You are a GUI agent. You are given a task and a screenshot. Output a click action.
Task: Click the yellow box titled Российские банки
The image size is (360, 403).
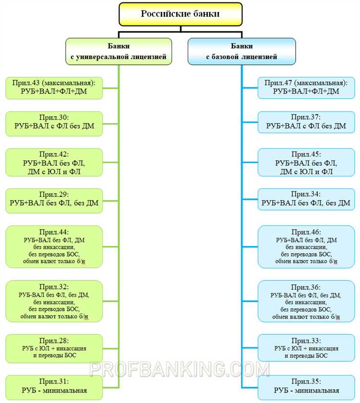click(x=180, y=14)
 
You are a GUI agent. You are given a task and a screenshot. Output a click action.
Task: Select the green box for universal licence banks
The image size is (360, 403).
click(x=119, y=52)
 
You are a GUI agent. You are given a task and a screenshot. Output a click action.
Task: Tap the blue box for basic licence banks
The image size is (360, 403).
click(x=241, y=52)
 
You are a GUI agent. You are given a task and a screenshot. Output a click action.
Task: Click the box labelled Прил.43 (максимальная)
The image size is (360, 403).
click(x=54, y=87)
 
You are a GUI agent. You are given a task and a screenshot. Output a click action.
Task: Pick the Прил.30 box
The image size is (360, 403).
click(x=54, y=122)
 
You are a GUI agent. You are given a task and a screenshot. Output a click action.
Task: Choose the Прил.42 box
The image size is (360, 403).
click(x=54, y=163)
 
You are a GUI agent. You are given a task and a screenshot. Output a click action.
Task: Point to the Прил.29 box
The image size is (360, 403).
click(x=54, y=199)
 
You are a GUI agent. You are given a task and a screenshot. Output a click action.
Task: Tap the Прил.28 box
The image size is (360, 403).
click(x=54, y=348)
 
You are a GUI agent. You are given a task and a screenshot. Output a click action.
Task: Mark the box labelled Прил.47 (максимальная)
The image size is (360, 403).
click(x=306, y=87)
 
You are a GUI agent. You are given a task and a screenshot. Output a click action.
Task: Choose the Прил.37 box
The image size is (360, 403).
click(x=306, y=122)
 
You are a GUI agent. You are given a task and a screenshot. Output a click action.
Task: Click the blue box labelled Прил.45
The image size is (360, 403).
click(x=306, y=163)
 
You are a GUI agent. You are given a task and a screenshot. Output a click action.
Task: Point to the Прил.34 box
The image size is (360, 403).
click(x=306, y=199)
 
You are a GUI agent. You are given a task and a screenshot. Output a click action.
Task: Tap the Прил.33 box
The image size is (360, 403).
click(x=306, y=348)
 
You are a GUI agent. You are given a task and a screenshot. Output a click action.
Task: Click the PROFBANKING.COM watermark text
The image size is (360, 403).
click(x=180, y=369)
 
